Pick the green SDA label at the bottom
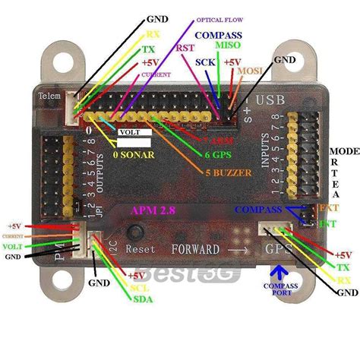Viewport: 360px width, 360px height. pos(142,299)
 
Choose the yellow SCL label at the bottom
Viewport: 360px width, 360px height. pos(138,287)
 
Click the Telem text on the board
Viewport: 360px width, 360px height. pos(49,96)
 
